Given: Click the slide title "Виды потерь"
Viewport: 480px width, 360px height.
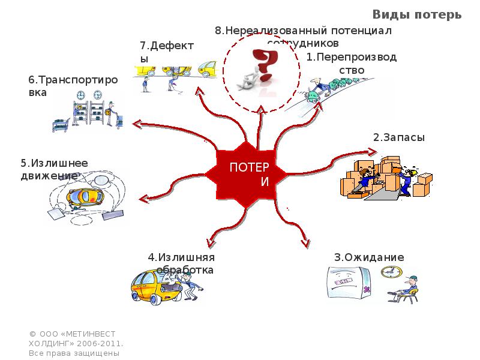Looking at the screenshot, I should (x=417, y=14).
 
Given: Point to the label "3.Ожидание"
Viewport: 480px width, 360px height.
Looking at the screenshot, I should (x=369, y=257).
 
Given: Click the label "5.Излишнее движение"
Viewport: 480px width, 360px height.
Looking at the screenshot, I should (x=54, y=169).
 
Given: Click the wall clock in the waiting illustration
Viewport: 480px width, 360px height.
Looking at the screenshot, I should (x=391, y=271).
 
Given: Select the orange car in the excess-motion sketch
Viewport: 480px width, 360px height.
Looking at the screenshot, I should (x=87, y=196).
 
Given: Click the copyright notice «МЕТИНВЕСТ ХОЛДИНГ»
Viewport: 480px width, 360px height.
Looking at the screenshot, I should (x=76, y=343).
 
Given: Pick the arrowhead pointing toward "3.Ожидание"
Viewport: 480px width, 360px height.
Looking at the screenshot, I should (x=306, y=242).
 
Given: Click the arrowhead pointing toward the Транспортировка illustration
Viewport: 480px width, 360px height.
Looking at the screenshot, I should (x=137, y=124).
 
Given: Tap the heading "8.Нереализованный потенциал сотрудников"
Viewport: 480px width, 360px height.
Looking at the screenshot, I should (x=303, y=36).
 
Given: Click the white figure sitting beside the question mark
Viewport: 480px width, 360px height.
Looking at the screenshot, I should (x=249, y=79).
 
